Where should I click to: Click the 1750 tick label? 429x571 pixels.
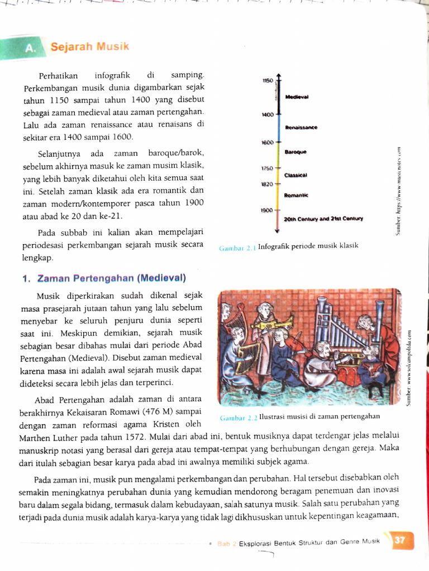point(268,168)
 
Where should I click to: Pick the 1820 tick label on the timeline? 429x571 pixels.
point(268,184)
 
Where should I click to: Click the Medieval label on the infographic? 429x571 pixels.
point(297,97)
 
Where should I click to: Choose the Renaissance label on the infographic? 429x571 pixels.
point(301,128)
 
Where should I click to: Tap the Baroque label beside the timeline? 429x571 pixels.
point(295,152)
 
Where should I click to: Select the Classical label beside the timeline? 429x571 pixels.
point(295,175)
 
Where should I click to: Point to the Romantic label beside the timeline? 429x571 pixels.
point(296,195)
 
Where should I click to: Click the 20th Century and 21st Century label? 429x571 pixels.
point(323,219)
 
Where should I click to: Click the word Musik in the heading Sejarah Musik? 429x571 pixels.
point(112,46)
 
